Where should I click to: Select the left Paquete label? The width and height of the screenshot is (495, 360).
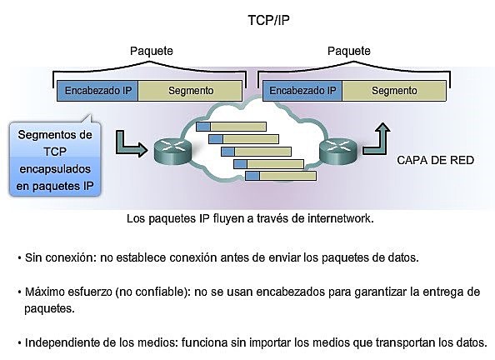(x=152, y=51)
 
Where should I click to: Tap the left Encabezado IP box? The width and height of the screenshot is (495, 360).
(x=97, y=90)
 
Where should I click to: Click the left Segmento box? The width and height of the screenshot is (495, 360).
(x=191, y=90)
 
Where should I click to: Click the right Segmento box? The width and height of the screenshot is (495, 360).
(x=395, y=90)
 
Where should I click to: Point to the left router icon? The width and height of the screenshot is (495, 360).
(x=170, y=150)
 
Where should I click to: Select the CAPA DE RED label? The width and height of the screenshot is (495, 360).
(x=434, y=158)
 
